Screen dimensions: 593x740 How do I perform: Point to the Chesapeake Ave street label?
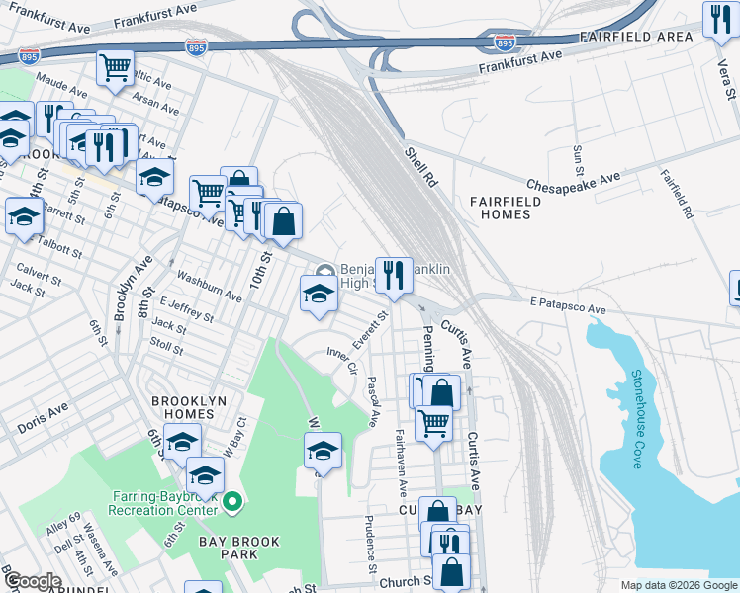pos(573,181)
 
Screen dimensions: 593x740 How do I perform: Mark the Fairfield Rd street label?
pos(678,193)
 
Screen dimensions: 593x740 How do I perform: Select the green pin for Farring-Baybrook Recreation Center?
pos(232,502)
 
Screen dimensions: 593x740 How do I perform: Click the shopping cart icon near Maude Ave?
pos(115,69)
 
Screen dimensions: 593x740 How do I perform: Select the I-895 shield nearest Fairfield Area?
pos(505,42)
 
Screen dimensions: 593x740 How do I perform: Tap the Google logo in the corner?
pos(31,581)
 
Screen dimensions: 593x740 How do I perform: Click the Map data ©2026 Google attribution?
pos(678,585)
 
